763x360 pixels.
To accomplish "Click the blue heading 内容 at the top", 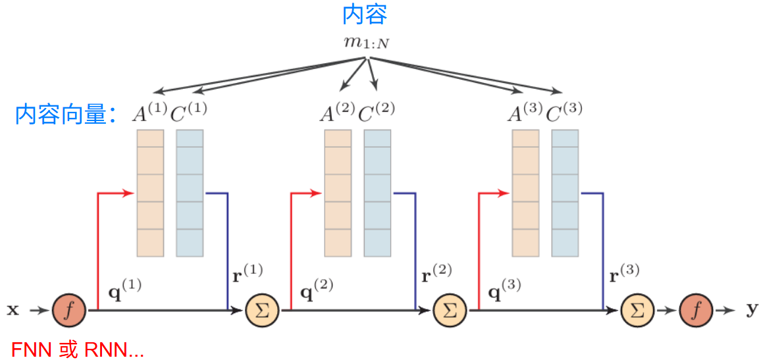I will [364, 14].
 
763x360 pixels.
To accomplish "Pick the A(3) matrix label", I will [524, 113].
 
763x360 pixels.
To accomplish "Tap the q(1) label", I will [124, 289].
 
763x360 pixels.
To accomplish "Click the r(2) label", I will [436, 273].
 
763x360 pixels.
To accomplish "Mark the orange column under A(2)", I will [338, 193].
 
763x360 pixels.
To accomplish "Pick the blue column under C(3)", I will [565, 193].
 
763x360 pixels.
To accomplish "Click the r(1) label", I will [248, 273].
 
